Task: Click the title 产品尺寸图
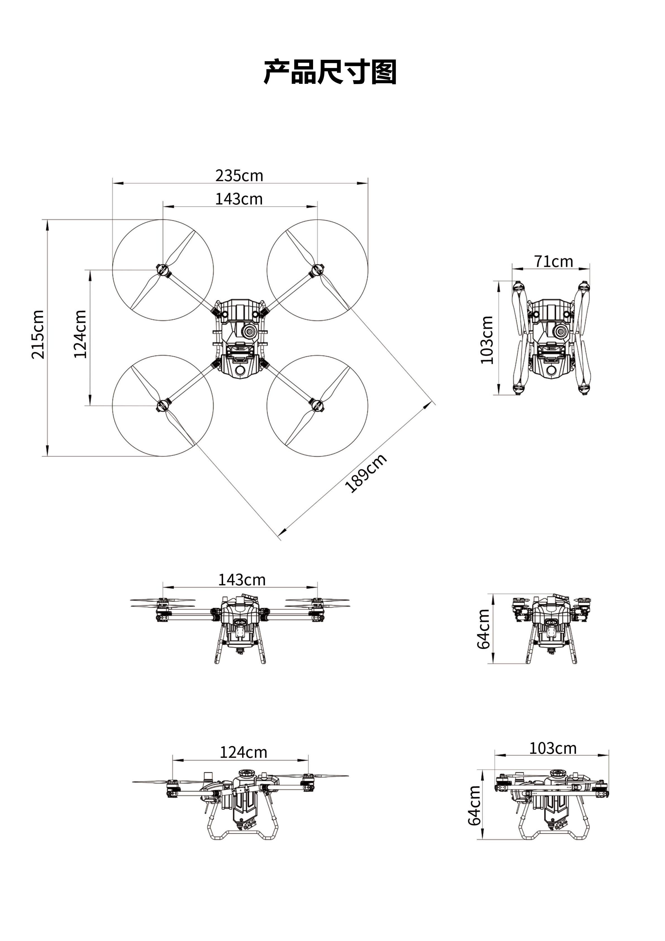[x=330, y=72]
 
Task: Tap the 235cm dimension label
[x=239, y=176]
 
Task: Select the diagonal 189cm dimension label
[x=366, y=473]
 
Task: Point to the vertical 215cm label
[x=38, y=334]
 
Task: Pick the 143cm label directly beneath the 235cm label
[x=239, y=199]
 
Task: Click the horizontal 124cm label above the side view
[x=243, y=752]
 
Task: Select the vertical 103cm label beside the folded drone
[x=487, y=340]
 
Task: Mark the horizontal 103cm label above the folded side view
[x=553, y=748]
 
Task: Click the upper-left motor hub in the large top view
[x=163, y=270]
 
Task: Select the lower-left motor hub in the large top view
[x=163, y=406]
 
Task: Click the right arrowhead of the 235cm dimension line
[x=363, y=183]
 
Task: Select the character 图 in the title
[x=384, y=72]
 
